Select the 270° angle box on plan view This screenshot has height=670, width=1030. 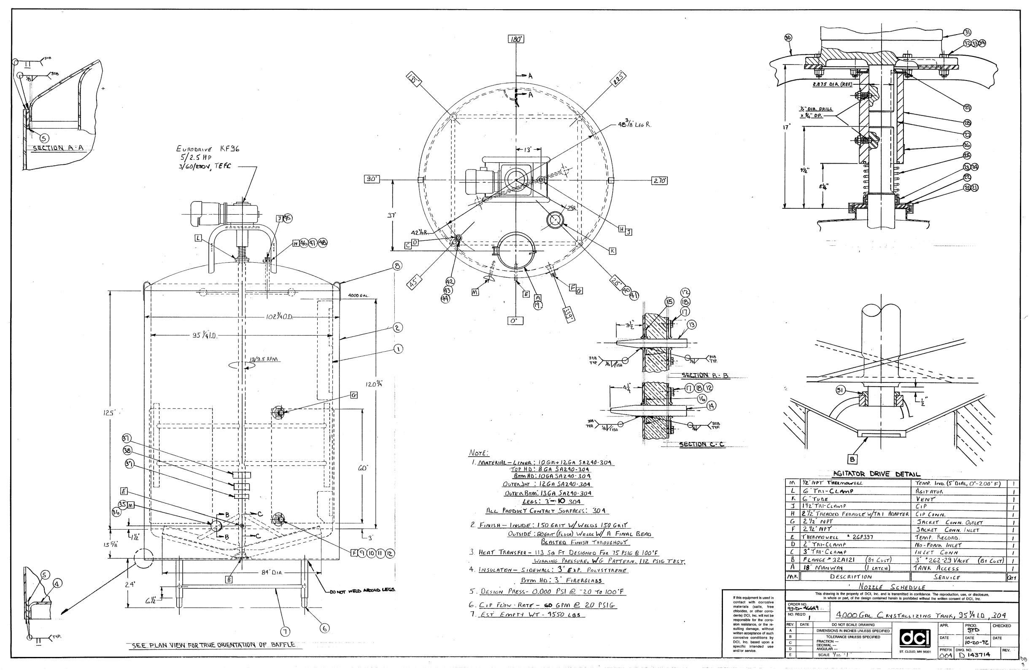(659, 181)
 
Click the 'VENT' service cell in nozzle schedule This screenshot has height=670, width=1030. (925, 510)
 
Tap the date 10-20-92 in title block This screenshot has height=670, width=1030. (975, 643)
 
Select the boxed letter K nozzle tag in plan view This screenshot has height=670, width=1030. (612, 251)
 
